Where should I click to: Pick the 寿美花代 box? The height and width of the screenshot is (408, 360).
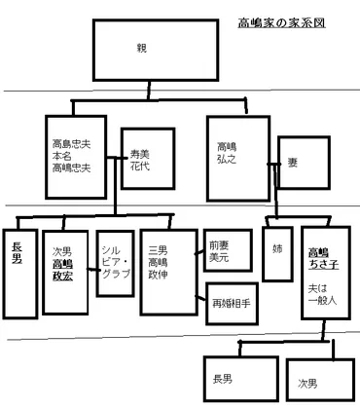coord(141,158)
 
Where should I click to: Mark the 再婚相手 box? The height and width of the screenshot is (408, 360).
coord(230,303)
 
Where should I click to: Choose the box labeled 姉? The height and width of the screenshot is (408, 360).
coord(277,253)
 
